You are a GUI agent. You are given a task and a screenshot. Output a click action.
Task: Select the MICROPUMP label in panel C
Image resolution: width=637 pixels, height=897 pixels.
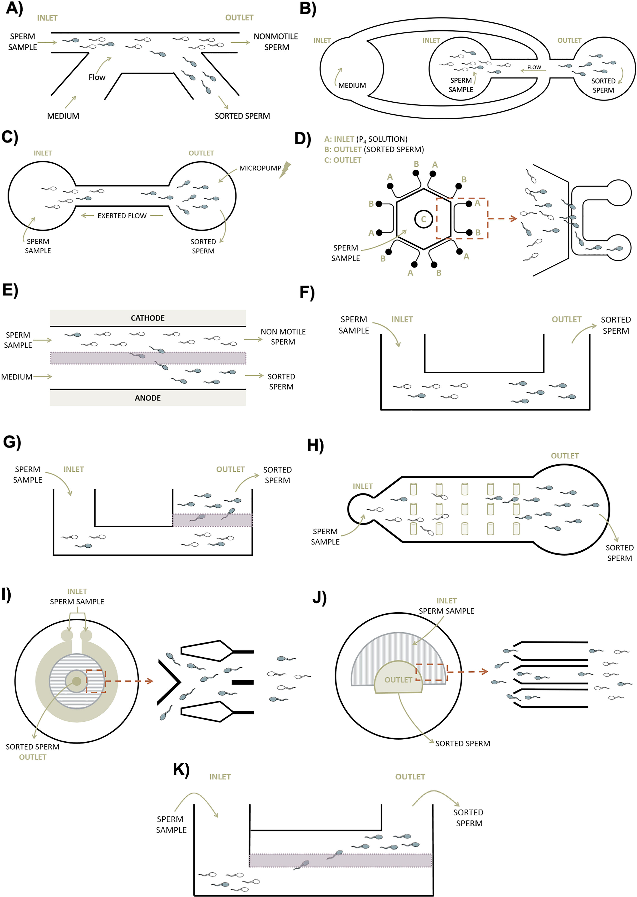pos(260,168)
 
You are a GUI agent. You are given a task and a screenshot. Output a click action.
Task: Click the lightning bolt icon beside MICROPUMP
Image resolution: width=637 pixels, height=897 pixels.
pos(286,170)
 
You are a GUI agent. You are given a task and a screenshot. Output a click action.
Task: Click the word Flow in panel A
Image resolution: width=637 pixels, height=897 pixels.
pos(97,77)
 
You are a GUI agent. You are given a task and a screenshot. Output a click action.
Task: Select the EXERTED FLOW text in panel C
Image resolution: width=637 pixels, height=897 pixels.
pos(122,216)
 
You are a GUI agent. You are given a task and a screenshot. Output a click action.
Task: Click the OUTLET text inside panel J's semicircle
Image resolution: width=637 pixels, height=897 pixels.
pos(398,680)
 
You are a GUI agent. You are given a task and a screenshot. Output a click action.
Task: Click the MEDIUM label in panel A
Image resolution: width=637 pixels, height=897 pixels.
pos(63,116)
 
